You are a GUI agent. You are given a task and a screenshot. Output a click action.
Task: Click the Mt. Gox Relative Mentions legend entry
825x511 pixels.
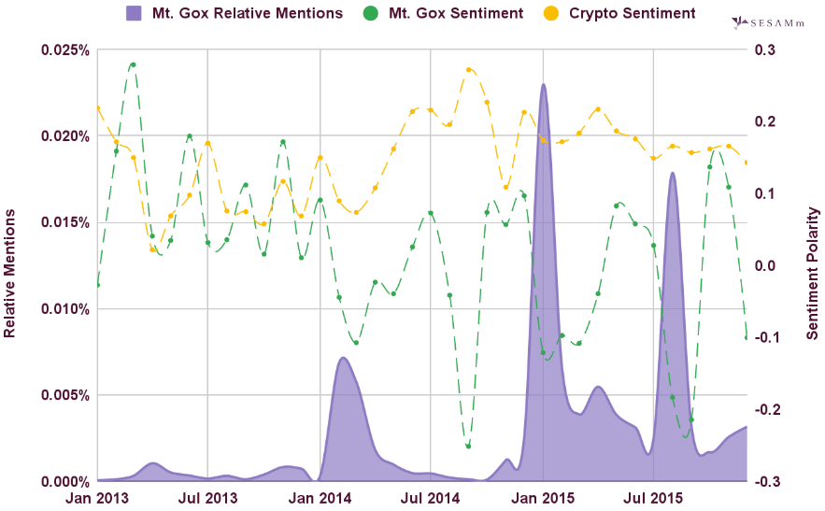(235, 14)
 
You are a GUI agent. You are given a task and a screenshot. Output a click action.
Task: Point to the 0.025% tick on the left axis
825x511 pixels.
(65, 50)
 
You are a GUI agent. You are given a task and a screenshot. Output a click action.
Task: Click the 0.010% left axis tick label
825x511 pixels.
(65, 309)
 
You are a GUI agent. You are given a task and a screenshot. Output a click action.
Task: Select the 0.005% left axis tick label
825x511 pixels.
(65, 395)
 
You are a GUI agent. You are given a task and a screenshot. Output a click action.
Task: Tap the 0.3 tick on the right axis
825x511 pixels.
(765, 50)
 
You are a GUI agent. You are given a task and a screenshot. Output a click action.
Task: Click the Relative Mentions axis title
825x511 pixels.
(10, 273)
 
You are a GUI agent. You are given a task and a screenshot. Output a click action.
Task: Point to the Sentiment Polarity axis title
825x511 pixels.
(814, 273)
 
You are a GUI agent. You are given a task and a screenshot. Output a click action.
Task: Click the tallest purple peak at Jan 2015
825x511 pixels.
(543, 85)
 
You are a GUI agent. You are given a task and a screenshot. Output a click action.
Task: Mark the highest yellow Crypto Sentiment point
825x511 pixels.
(468, 69)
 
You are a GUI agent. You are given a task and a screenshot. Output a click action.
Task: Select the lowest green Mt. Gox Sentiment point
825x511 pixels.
(468, 446)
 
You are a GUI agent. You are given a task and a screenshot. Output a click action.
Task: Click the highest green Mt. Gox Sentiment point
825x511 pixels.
(134, 65)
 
